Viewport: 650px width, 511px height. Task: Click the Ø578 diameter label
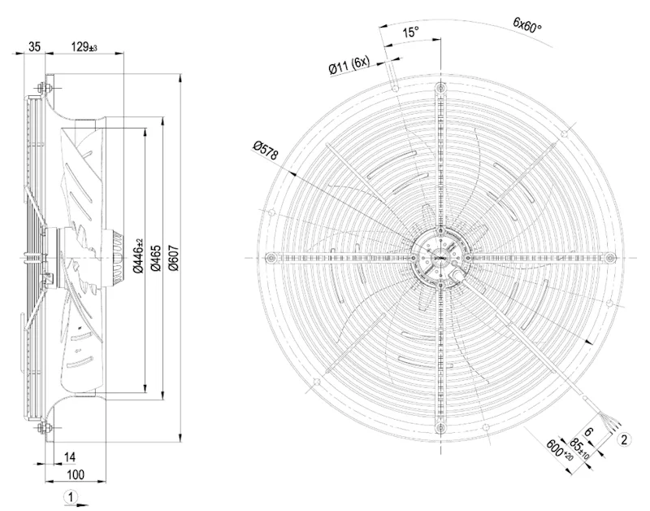point(266,151)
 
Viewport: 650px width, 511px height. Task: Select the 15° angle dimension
point(410,32)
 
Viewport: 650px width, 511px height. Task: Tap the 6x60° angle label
point(526,24)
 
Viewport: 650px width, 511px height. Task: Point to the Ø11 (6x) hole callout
point(349,65)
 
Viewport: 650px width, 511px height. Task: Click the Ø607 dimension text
point(174,258)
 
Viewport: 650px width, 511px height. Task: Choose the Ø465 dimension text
point(156,258)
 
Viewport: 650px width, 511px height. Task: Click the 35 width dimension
point(34,46)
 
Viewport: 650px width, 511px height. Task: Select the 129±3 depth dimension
point(84,46)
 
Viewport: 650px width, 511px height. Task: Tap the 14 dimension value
point(70,457)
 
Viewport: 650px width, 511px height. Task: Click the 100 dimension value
point(75,474)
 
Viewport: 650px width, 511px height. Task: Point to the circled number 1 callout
point(71,497)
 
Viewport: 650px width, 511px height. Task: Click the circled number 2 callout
point(625,439)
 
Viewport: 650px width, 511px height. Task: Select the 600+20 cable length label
point(560,449)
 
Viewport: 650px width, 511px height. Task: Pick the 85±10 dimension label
point(579,448)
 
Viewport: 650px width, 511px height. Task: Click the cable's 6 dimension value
point(588,432)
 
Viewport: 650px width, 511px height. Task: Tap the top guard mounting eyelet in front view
point(440,88)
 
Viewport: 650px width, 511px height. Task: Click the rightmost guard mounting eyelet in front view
point(610,258)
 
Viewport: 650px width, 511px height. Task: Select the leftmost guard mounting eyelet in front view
point(271,258)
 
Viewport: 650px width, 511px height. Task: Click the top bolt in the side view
point(43,88)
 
